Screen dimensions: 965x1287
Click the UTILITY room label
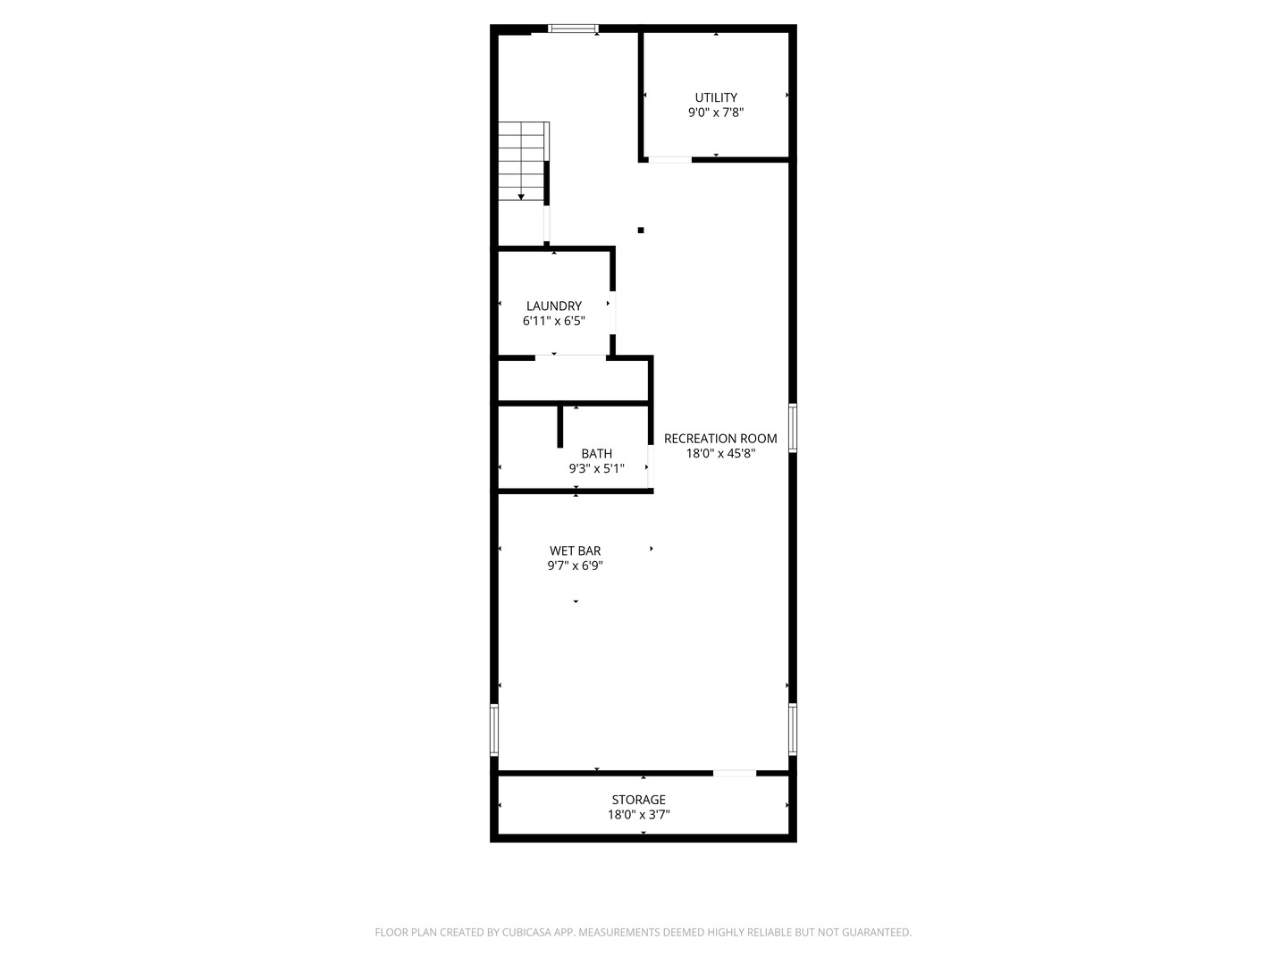(x=716, y=97)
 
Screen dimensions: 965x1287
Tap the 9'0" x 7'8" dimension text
(x=716, y=113)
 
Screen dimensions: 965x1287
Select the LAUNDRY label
(x=553, y=306)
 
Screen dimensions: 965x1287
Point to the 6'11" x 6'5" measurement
(x=553, y=321)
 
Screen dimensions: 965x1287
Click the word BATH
(x=596, y=454)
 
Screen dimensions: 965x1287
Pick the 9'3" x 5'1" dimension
(x=596, y=468)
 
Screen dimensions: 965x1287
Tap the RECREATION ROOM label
(x=720, y=439)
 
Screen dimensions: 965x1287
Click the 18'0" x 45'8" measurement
(x=720, y=454)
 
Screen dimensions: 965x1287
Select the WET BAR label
(x=575, y=550)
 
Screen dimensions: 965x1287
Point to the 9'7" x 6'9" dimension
(x=575, y=566)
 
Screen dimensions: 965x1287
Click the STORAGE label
(x=638, y=800)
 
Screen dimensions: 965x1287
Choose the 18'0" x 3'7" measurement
(x=638, y=815)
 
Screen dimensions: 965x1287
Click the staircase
(x=522, y=161)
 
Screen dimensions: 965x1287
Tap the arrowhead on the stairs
(x=521, y=197)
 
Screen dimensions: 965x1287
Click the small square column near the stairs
(x=641, y=231)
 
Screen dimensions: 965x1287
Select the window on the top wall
(x=573, y=29)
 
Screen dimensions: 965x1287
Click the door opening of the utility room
(x=669, y=160)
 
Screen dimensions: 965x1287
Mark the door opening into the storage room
(x=735, y=772)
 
